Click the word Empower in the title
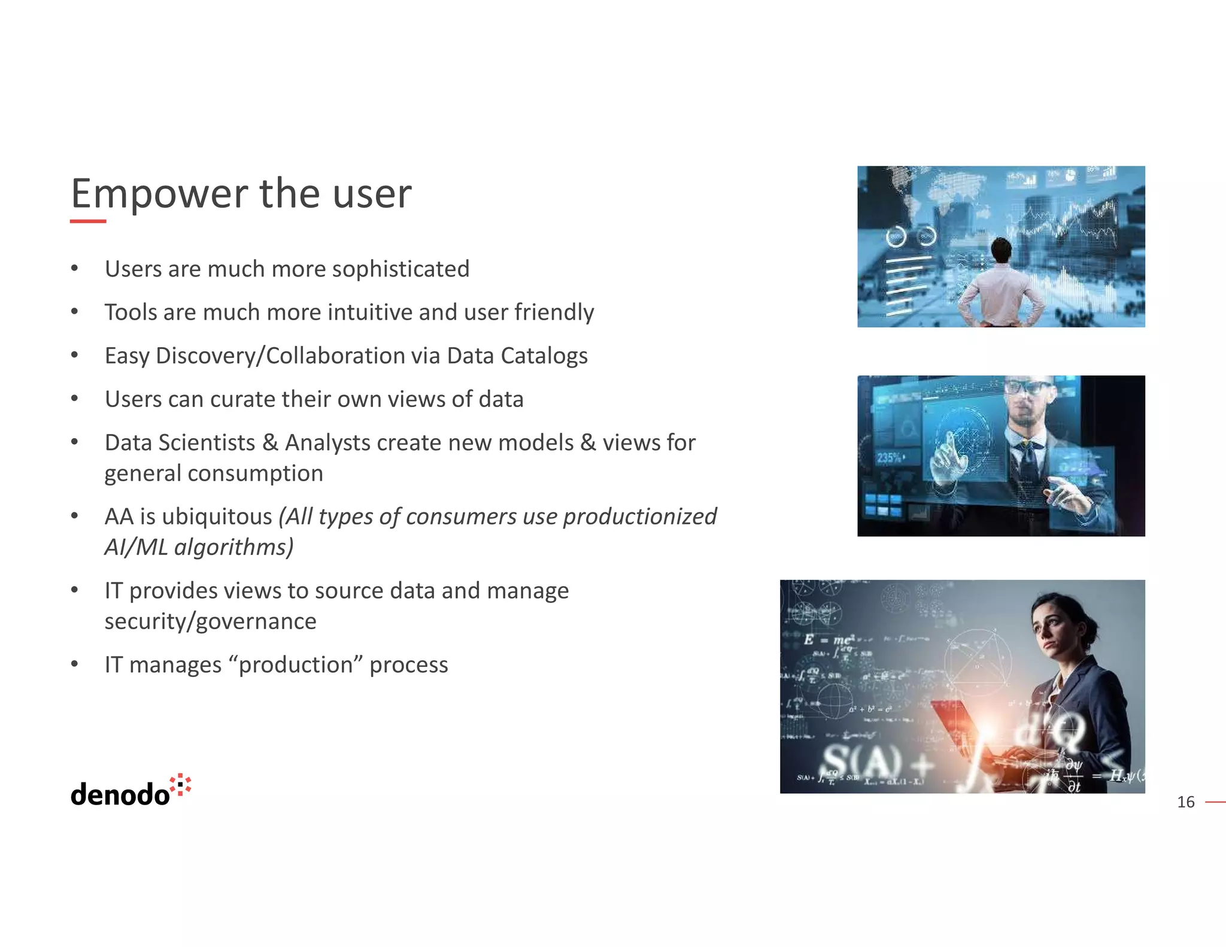click(159, 195)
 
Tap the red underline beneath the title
click(88, 221)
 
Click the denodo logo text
click(120, 794)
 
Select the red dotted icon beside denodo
click(181, 785)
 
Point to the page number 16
click(1185, 802)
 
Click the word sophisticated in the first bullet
click(400, 269)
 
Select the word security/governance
click(210, 621)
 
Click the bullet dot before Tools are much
click(74, 312)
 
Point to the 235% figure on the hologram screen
click(890, 458)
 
